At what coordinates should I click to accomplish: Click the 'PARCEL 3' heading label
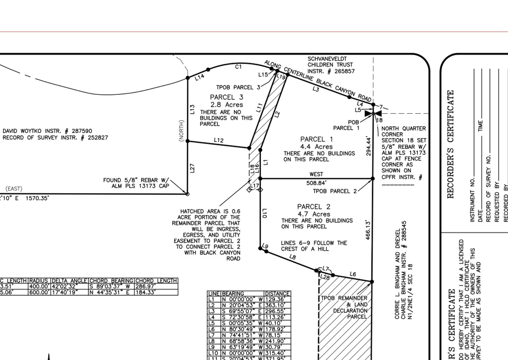pos(226,97)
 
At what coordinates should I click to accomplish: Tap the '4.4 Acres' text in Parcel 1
pos(316,147)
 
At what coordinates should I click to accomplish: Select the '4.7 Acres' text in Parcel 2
pos(314,215)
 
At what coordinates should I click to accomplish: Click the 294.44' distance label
pos(369,146)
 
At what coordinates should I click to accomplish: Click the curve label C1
pos(238,67)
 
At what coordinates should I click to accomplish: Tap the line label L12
pos(219,141)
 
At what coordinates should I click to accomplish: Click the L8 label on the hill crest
pos(292,257)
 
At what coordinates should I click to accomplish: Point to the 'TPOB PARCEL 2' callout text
pos(335,191)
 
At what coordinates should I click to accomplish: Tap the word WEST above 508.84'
pos(316,174)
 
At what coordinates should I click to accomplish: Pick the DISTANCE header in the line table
pos(277,294)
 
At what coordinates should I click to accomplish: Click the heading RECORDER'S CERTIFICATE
pos(451,144)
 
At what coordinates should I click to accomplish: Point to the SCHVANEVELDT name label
pos(330,59)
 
